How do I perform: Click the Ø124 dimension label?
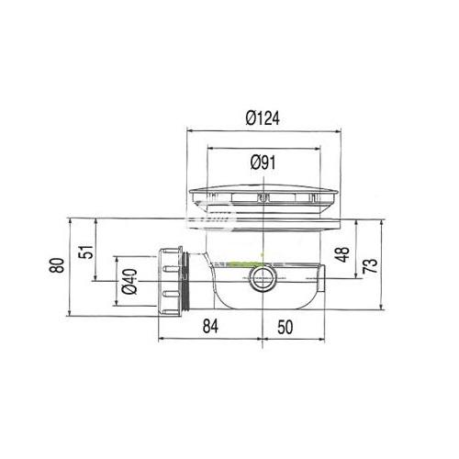263,118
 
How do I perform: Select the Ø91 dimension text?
263,162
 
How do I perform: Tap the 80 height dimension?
57,265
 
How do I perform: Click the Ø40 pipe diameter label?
129,282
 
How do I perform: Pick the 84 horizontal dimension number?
210,326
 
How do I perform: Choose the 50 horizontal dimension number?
285,327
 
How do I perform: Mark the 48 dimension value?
342,254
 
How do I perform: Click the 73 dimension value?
370,265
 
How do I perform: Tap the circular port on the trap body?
263,279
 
